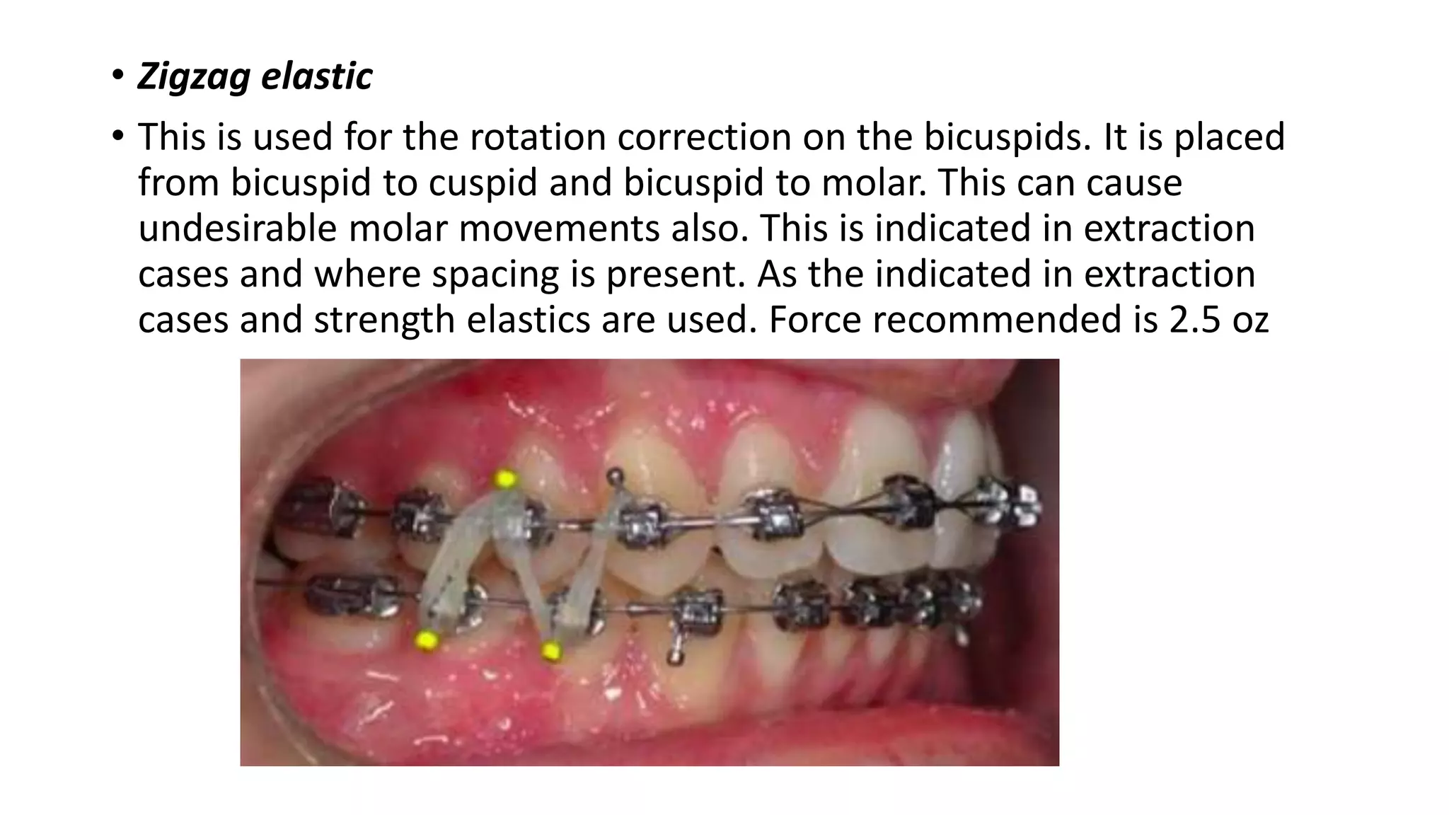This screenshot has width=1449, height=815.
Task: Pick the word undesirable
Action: (x=238, y=229)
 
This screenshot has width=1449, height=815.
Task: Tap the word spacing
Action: (x=495, y=274)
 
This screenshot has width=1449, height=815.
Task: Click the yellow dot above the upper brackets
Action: (x=505, y=479)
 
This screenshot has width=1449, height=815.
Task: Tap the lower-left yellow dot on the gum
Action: (x=427, y=641)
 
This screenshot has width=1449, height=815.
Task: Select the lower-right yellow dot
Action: (x=551, y=649)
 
